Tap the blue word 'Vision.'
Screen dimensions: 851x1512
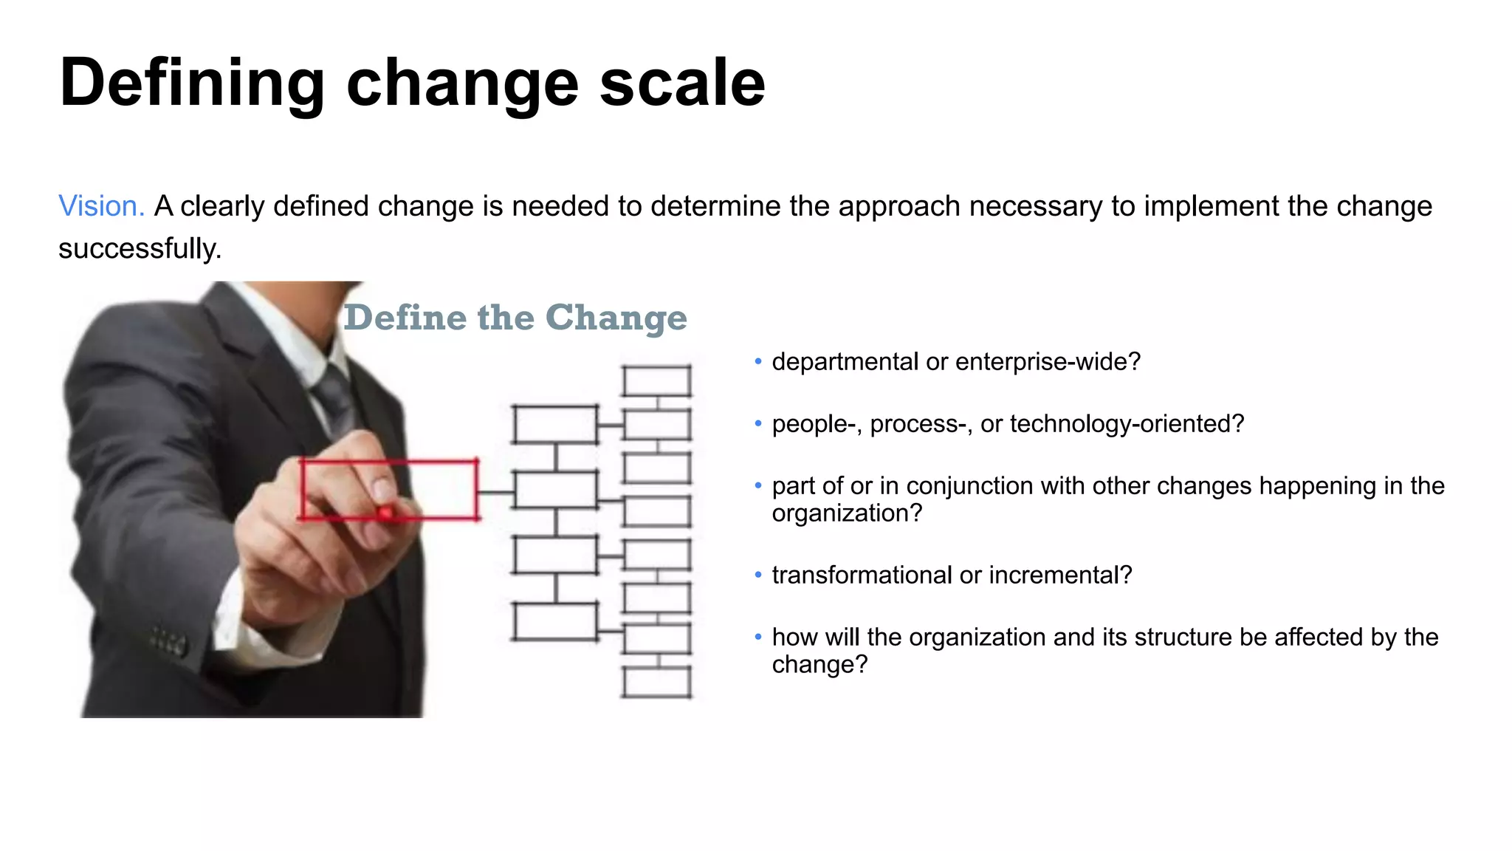click(101, 206)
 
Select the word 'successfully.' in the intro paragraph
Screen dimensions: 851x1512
click(140, 249)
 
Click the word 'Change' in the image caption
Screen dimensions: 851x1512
click(616, 318)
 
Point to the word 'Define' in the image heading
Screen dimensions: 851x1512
click(405, 318)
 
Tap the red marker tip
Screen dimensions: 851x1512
click(385, 513)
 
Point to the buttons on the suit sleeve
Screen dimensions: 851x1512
click(168, 642)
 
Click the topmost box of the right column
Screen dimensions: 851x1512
click(656, 381)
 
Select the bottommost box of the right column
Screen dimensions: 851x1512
click(656, 682)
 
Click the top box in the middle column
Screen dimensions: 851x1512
click(555, 424)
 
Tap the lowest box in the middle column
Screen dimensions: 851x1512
click(555, 621)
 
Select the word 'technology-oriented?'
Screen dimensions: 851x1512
click(1127, 424)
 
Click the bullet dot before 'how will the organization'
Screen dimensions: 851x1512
click(758, 637)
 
